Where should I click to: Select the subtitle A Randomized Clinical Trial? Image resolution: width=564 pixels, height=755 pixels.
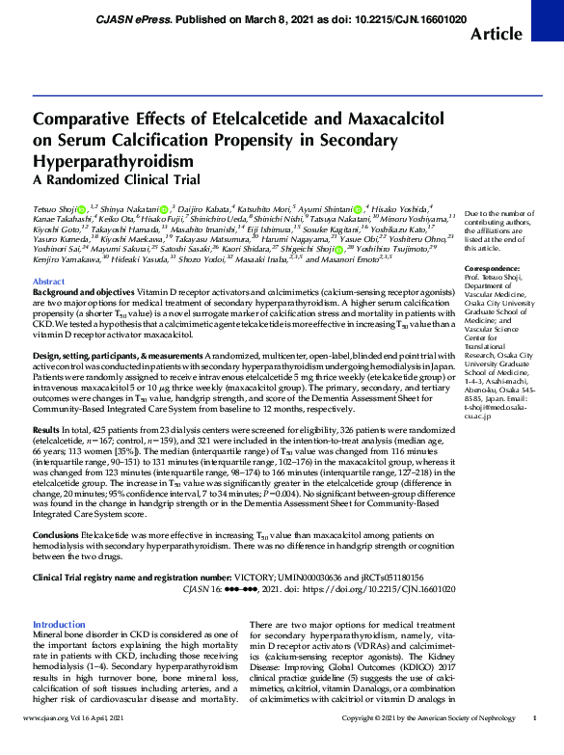click(x=117, y=179)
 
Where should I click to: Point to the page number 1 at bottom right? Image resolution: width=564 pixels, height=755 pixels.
click(x=535, y=745)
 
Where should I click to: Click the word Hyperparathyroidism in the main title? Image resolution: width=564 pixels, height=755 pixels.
click(x=115, y=158)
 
